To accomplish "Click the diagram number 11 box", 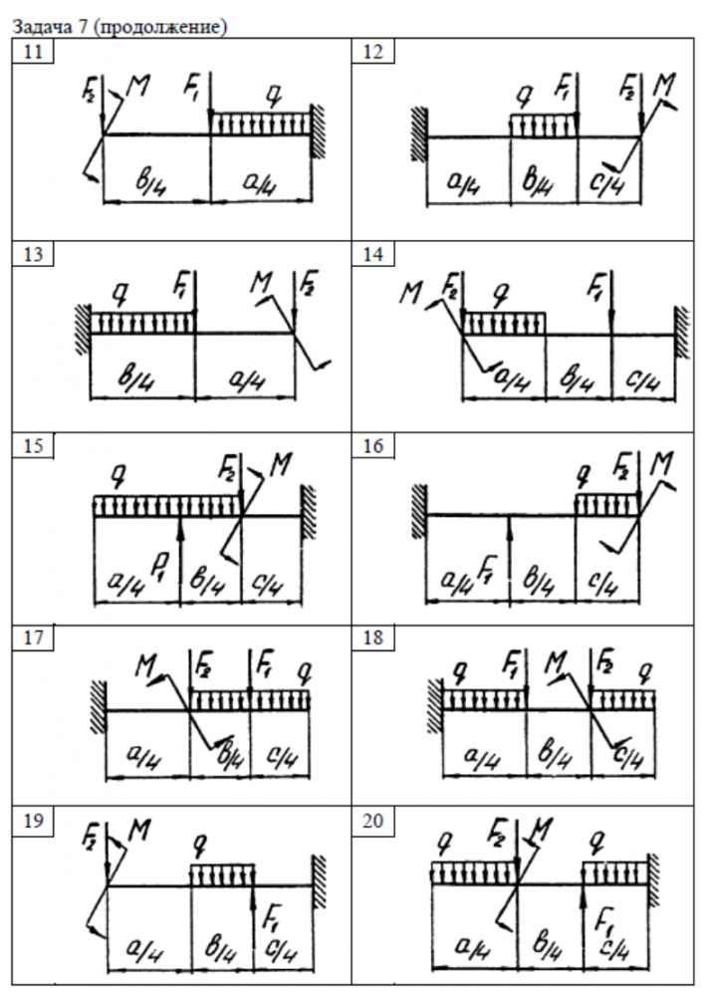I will point(32,53).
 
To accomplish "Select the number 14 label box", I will point(373,254).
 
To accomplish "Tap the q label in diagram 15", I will point(118,478).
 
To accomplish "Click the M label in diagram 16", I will point(660,465).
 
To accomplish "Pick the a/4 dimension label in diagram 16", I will point(459,578).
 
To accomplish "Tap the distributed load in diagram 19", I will point(221,875).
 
